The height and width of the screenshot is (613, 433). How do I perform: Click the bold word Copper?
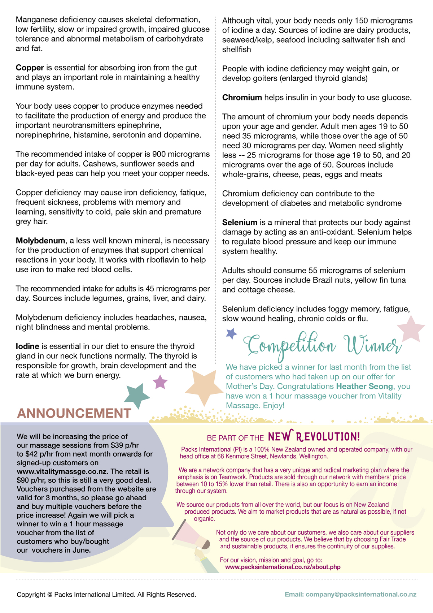point(30,68)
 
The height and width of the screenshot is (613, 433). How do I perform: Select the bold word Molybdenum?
point(40,241)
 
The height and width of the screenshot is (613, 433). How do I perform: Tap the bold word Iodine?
point(27,346)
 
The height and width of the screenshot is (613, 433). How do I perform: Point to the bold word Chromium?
point(242,98)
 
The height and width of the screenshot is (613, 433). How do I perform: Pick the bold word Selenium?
point(240,223)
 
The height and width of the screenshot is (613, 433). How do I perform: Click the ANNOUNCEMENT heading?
point(74,413)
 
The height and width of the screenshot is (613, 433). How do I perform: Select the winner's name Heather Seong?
point(364,387)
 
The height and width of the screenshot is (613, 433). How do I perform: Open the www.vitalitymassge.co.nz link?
point(62,472)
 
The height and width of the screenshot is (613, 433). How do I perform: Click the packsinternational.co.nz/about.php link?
point(283,567)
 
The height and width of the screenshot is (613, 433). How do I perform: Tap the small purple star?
point(160,382)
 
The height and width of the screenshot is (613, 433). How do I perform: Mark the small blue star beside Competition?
point(231,333)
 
